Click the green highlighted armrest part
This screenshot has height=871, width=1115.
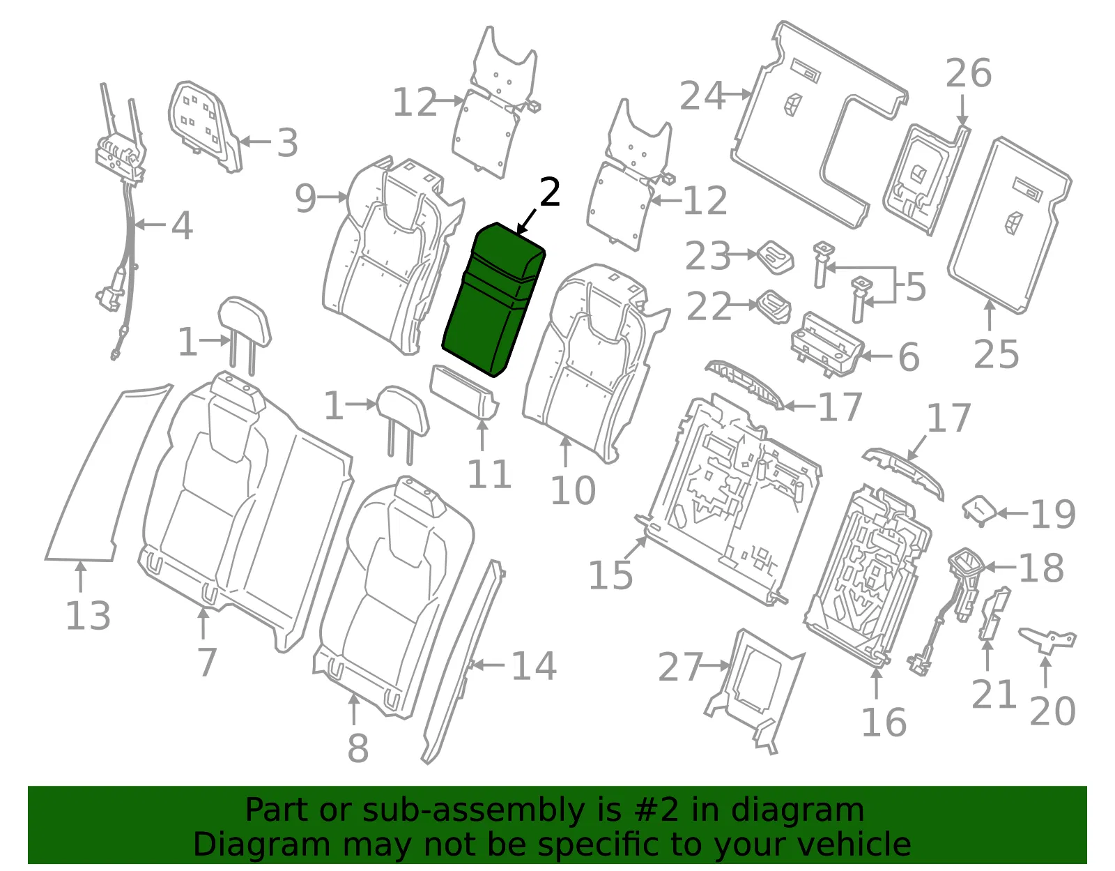(x=493, y=301)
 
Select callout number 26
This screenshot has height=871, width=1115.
(x=968, y=73)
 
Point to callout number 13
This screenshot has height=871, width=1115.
(x=88, y=615)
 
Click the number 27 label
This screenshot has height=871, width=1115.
(x=680, y=667)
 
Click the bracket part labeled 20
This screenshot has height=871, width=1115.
(x=1047, y=640)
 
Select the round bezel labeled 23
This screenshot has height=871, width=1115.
(x=776, y=257)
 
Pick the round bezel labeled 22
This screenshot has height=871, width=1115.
(x=774, y=306)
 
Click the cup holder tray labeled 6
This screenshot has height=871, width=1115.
(x=827, y=343)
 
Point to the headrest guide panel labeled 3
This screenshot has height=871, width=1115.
(x=205, y=126)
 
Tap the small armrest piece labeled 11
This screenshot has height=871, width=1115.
(x=463, y=392)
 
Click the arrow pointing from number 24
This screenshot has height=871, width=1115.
(x=737, y=94)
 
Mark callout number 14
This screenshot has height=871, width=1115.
(x=534, y=666)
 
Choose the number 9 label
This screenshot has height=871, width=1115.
(x=305, y=199)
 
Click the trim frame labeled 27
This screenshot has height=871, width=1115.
(x=753, y=691)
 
